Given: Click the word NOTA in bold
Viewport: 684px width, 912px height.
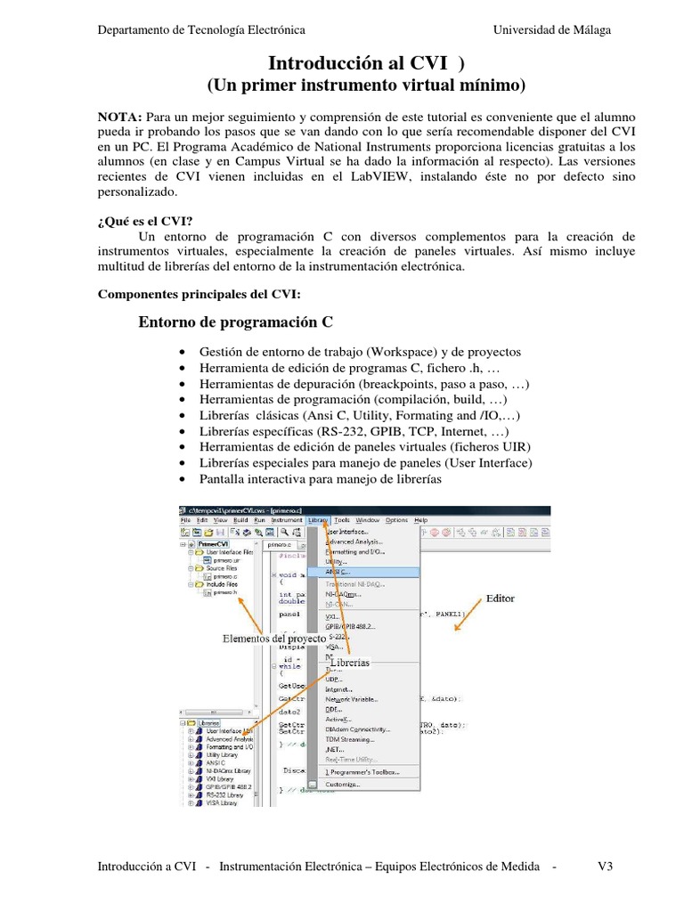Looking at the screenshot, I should pos(119,117).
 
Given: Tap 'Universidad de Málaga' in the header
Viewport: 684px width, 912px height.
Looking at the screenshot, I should pos(552,30).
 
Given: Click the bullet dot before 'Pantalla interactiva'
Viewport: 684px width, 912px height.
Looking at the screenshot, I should pos(183,480).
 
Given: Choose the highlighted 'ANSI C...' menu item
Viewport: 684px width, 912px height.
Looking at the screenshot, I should pos(338,573).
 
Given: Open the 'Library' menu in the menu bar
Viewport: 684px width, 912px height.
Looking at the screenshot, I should pos(318,520).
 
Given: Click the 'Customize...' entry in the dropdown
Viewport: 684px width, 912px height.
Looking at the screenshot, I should pos(343,785).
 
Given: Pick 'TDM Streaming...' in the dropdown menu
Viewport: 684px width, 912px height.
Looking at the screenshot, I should pos(350,739).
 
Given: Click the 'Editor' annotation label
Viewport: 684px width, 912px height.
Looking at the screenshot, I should pos(500,599).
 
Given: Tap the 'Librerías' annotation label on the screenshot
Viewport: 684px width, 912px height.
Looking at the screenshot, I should pos(348,664).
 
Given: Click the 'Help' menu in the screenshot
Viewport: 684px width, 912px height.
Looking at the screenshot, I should pos(421,520).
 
